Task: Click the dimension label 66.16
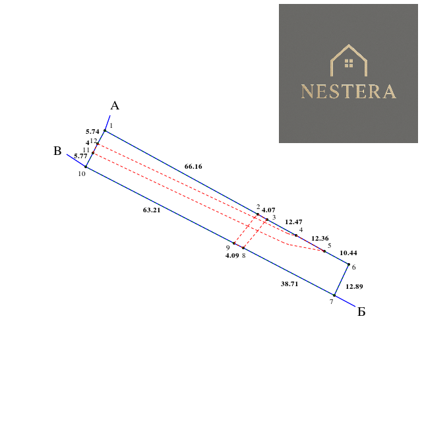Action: click(x=193, y=167)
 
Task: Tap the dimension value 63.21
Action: click(x=152, y=210)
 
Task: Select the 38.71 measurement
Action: click(x=289, y=284)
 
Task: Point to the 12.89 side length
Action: click(x=354, y=287)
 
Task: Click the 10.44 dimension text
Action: click(x=348, y=253)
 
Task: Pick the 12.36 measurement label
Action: click(x=320, y=239)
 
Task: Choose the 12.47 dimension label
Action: click(x=293, y=222)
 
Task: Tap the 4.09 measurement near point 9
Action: click(x=232, y=256)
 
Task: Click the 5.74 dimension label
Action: click(x=92, y=132)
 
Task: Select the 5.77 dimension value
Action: click(x=80, y=156)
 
